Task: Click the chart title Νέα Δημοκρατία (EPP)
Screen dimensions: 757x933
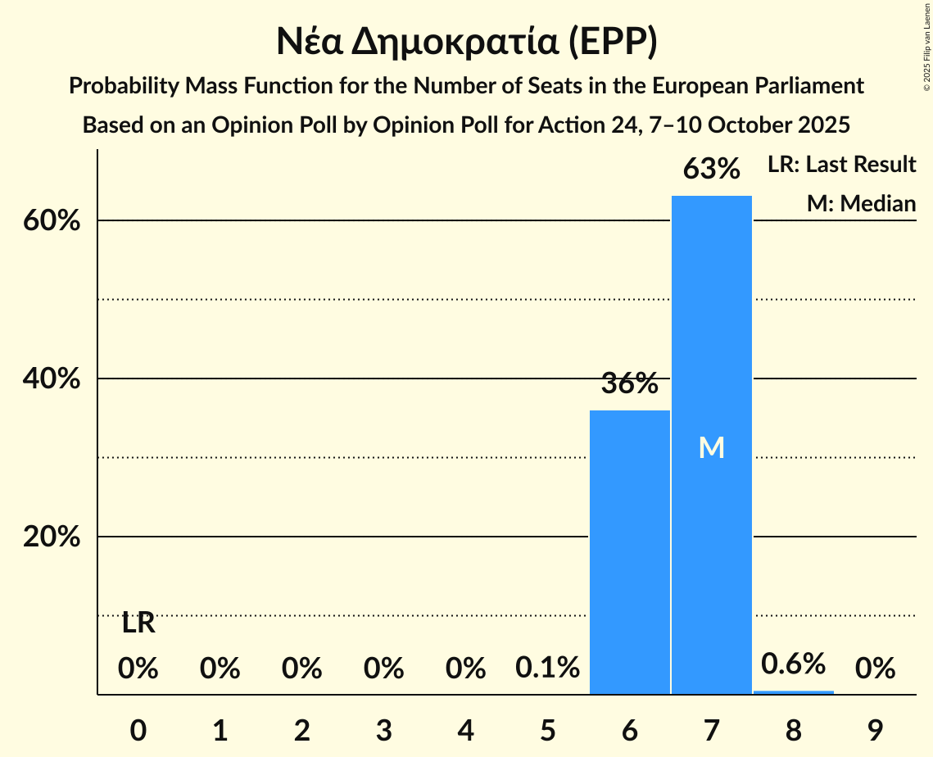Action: pyautogui.click(x=466, y=43)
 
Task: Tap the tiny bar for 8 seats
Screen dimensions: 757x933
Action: pyautogui.click(x=794, y=692)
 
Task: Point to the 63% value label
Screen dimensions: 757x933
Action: pyautogui.click(x=712, y=170)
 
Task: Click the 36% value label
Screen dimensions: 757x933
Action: pyautogui.click(x=630, y=383)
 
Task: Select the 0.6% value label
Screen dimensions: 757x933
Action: pyautogui.click(x=794, y=664)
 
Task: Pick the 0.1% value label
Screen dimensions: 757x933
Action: pyautogui.click(x=548, y=669)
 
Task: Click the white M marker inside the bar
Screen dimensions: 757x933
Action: pyautogui.click(x=712, y=447)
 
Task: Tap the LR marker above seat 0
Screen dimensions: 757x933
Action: pyautogui.click(x=138, y=623)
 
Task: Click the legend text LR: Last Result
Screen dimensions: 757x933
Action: pyautogui.click(x=841, y=165)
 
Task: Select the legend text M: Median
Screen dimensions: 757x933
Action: pyautogui.click(x=861, y=203)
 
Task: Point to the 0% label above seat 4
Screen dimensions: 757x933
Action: pyautogui.click(x=466, y=669)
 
